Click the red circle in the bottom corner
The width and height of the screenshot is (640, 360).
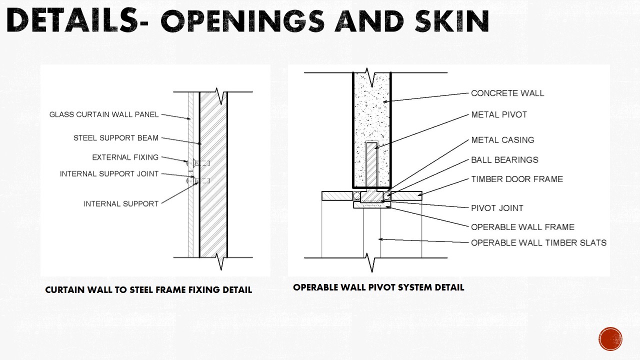pyautogui.click(x=610, y=339)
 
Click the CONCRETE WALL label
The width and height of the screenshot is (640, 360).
pyautogui.click(x=507, y=93)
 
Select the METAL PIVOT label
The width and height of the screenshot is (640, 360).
pyautogui.click(x=499, y=114)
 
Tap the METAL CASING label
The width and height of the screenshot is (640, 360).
pyautogui.click(x=502, y=140)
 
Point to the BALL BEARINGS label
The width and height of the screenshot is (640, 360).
pyautogui.click(x=504, y=159)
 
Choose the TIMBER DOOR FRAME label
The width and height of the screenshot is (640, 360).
pyautogui.click(x=517, y=179)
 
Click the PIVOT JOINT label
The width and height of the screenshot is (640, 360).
pyautogui.click(x=497, y=208)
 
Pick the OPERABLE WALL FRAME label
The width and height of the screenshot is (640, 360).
pyautogui.click(x=522, y=227)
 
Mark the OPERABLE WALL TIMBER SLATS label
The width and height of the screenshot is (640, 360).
pyautogui.click(x=538, y=243)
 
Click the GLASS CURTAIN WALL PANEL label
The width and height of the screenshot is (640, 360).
pyautogui.click(x=104, y=114)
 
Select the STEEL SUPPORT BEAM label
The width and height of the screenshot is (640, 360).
pyautogui.click(x=116, y=138)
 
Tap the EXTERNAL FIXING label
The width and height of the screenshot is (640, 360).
pyautogui.click(x=125, y=157)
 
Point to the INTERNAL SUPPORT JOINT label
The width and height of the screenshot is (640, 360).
pyautogui.click(x=109, y=173)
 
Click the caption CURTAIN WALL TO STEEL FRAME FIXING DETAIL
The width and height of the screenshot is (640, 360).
pyautogui.click(x=148, y=290)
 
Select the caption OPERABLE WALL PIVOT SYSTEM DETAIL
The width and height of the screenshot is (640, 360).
pyautogui.click(x=378, y=287)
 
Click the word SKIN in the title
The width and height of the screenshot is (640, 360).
pyautogui.click(x=452, y=21)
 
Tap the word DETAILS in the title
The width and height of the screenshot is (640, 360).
pyautogui.click(x=72, y=20)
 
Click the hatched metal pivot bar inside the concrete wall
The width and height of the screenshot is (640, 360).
pyautogui.click(x=371, y=165)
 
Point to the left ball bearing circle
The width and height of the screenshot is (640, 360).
pyautogui.click(x=357, y=196)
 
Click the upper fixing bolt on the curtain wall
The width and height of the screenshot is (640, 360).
pyautogui.click(x=198, y=163)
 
